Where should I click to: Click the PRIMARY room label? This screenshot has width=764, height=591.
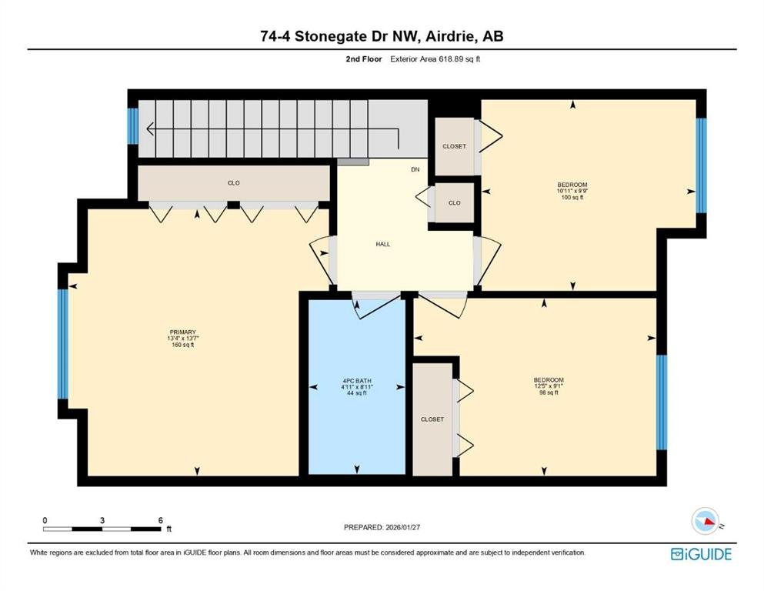pyautogui.click(x=182, y=332)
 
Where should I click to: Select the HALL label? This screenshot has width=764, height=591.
pyautogui.click(x=383, y=244)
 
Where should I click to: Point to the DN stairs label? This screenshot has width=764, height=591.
pyautogui.click(x=415, y=169)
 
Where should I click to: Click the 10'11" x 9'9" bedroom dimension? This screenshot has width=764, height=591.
pyautogui.click(x=572, y=191)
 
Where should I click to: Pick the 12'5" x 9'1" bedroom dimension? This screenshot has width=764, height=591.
pyautogui.click(x=549, y=386)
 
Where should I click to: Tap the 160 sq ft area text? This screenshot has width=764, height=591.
pyautogui.click(x=182, y=345)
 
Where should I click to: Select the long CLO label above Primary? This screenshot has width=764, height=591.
pyautogui.click(x=233, y=182)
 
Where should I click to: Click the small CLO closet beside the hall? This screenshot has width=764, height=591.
pyautogui.click(x=454, y=202)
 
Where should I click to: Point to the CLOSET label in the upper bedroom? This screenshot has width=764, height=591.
pyautogui.click(x=454, y=146)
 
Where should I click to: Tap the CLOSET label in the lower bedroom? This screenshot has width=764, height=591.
pyautogui.click(x=432, y=419)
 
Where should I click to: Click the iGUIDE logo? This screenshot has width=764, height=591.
pyautogui.click(x=701, y=555)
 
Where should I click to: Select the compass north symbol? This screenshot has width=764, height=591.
pyautogui.click(x=706, y=521)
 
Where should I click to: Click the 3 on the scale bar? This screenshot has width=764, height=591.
pyautogui.click(x=102, y=520)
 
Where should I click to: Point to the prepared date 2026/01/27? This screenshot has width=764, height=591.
pyautogui.click(x=402, y=527)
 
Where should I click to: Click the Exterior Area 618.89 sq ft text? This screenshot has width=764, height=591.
pyautogui.click(x=435, y=59)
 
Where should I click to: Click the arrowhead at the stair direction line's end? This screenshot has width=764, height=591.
pyautogui.click(x=151, y=129)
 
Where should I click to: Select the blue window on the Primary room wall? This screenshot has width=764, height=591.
pyautogui.click(x=63, y=344)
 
